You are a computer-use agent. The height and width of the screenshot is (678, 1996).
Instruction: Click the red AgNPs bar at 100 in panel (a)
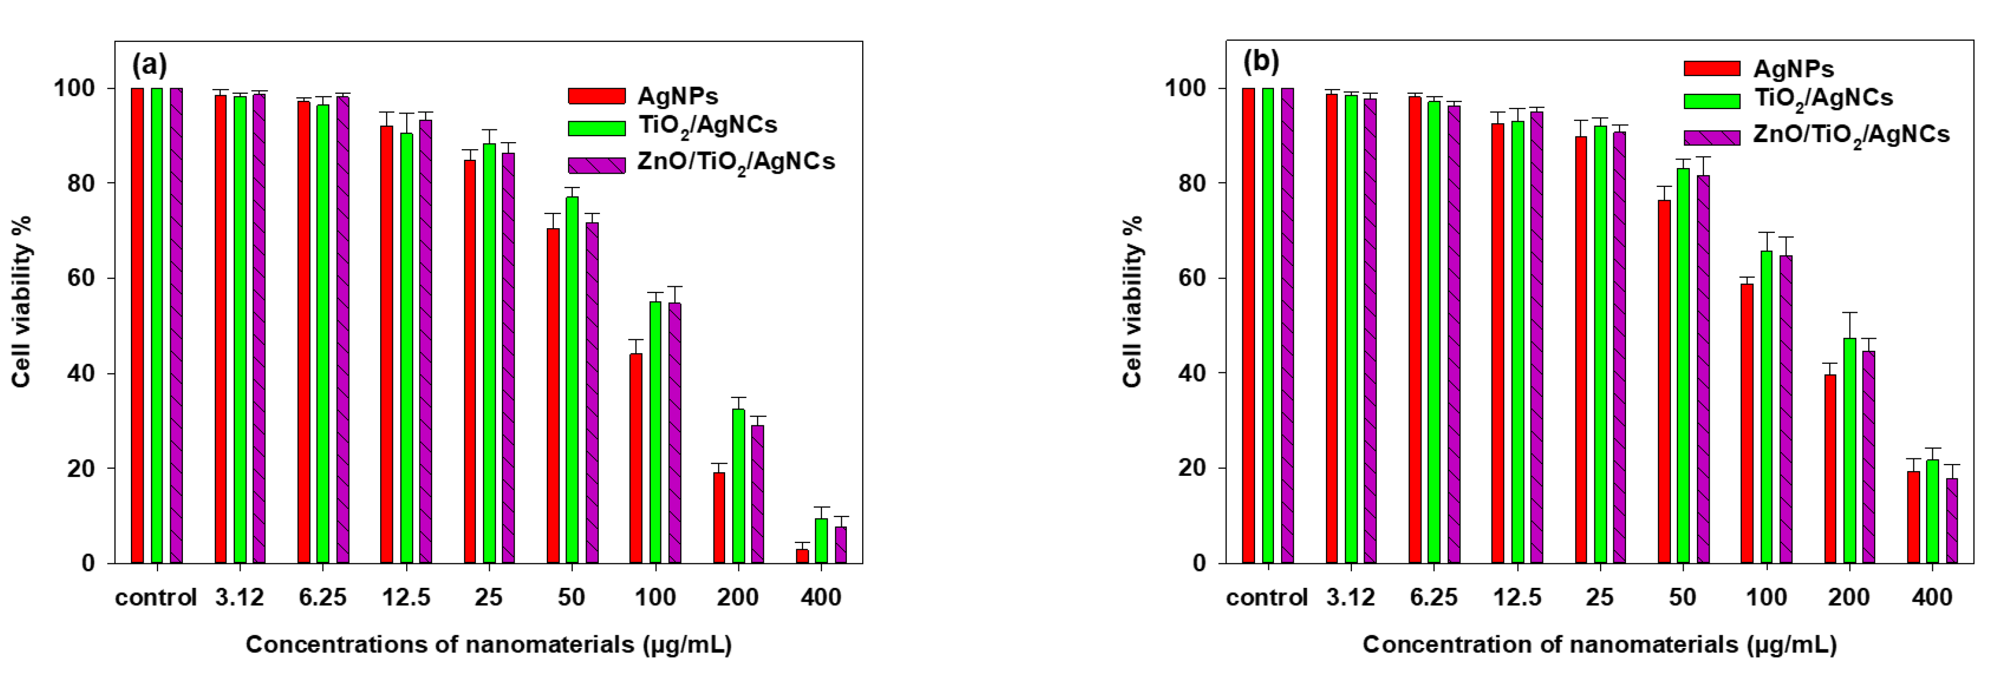635,457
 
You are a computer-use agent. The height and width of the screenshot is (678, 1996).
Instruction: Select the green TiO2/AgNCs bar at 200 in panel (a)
738,485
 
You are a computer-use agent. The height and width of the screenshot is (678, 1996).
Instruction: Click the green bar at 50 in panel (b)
1683,364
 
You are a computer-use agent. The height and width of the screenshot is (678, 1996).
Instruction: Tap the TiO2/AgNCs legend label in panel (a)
707,125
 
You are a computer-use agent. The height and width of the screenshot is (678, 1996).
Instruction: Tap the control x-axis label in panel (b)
1266,598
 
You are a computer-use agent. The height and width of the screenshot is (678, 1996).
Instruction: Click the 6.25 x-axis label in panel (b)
1433,598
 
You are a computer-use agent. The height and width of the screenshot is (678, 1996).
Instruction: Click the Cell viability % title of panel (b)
1132,302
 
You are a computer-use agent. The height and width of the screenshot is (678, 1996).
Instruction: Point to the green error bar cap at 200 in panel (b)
1850,313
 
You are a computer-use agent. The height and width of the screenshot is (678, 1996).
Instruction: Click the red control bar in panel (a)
137,326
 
